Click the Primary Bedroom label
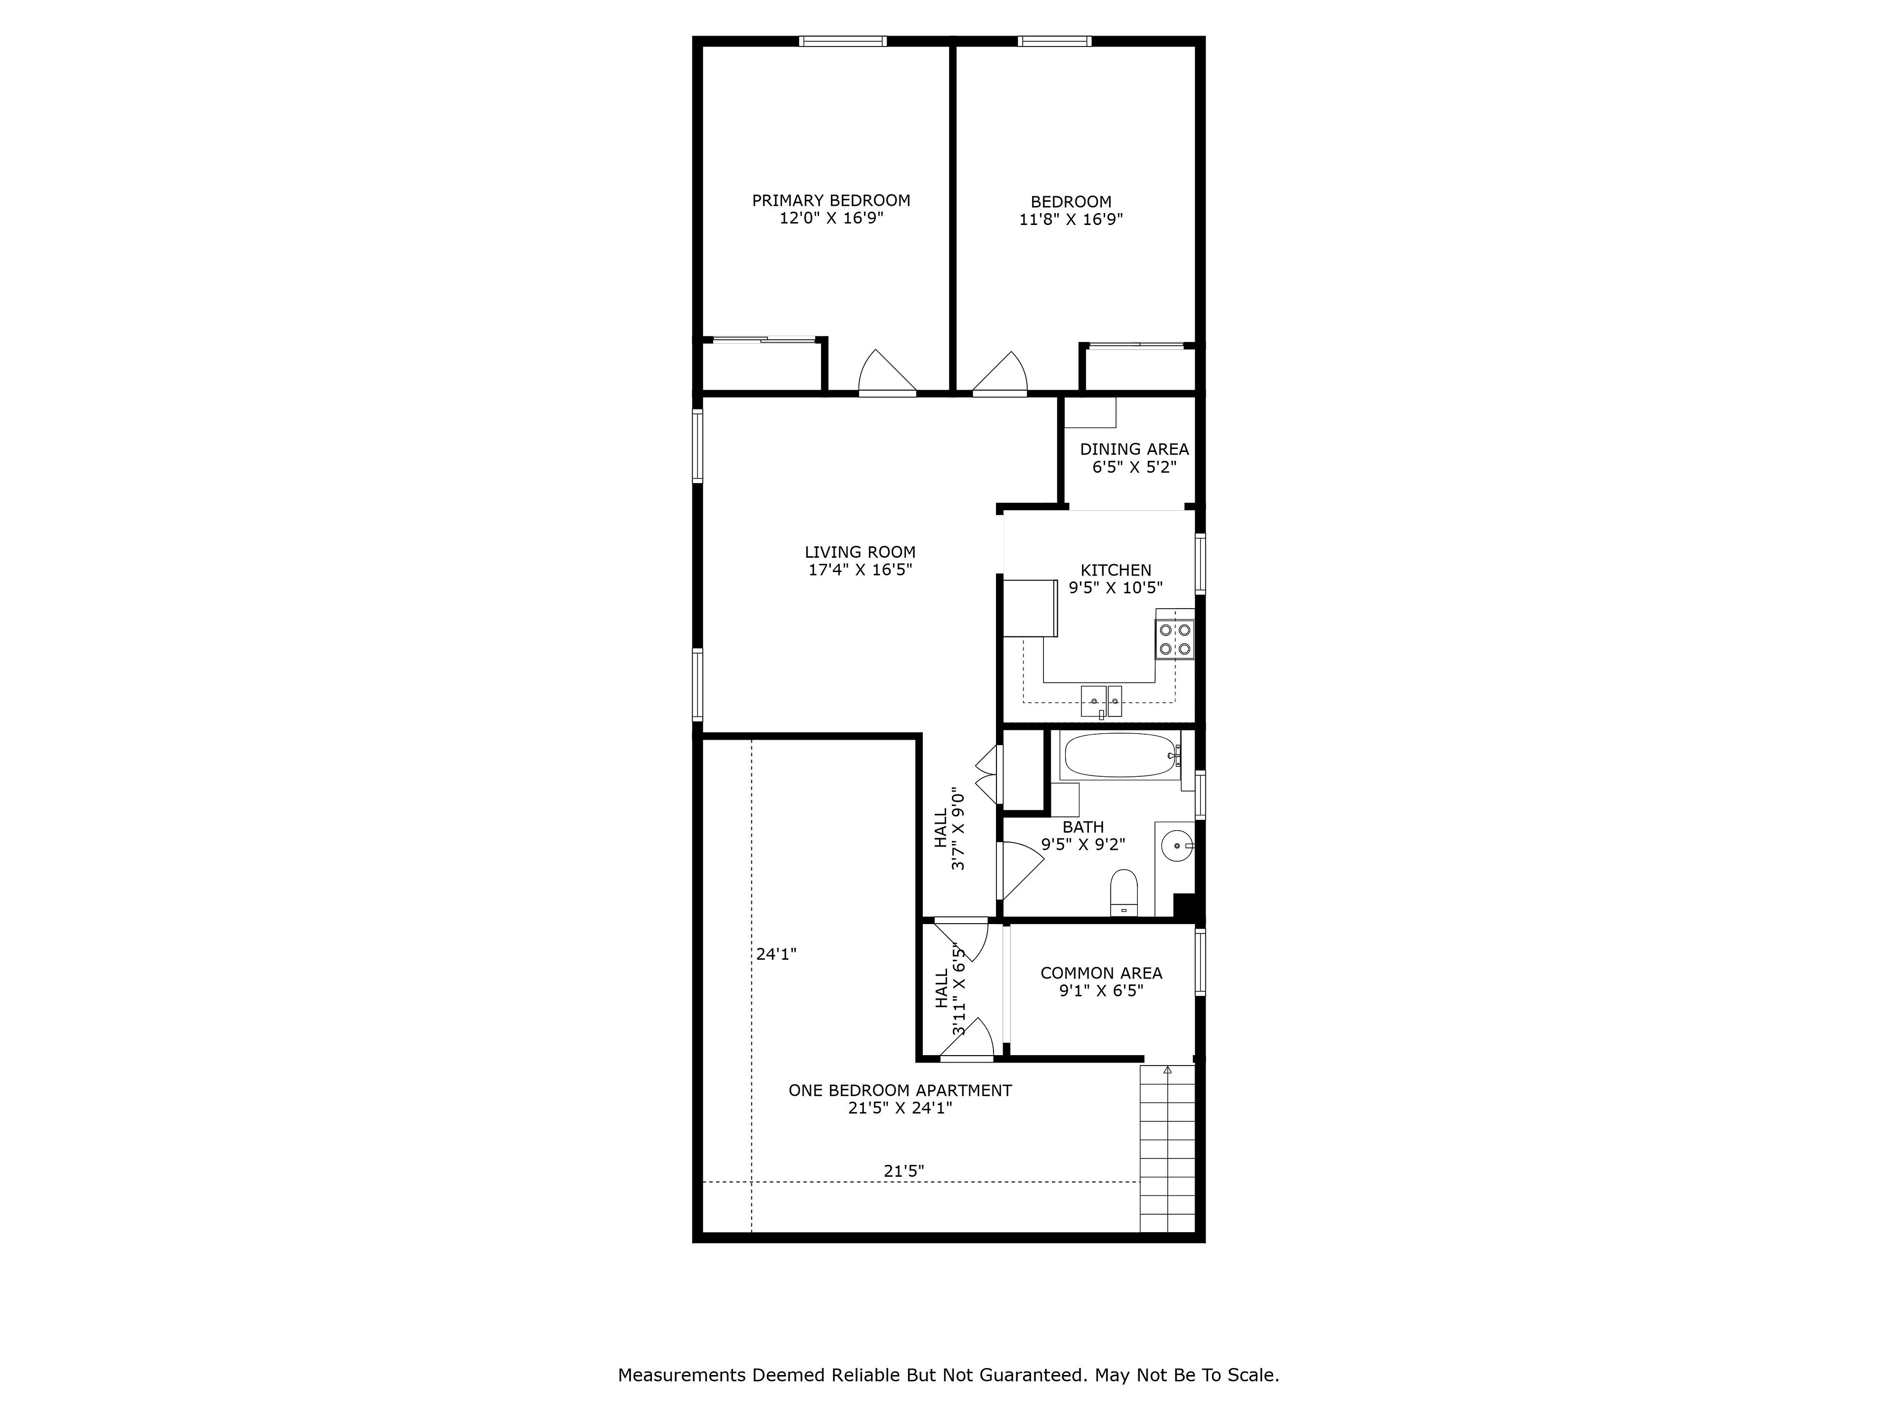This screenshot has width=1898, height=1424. click(830, 200)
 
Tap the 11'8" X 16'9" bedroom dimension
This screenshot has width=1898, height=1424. click(1071, 219)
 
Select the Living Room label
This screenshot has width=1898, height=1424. click(860, 552)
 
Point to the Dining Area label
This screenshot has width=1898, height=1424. click(1134, 449)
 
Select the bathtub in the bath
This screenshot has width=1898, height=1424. click(1120, 756)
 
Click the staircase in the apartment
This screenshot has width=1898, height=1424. click(1167, 1149)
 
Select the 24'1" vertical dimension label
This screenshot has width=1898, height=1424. click(776, 954)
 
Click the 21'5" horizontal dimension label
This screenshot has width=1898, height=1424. click(904, 1171)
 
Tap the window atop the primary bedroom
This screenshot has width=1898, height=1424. click(843, 41)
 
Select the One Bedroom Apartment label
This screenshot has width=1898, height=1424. click(900, 1090)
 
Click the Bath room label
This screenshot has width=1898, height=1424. click(1083, 827)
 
